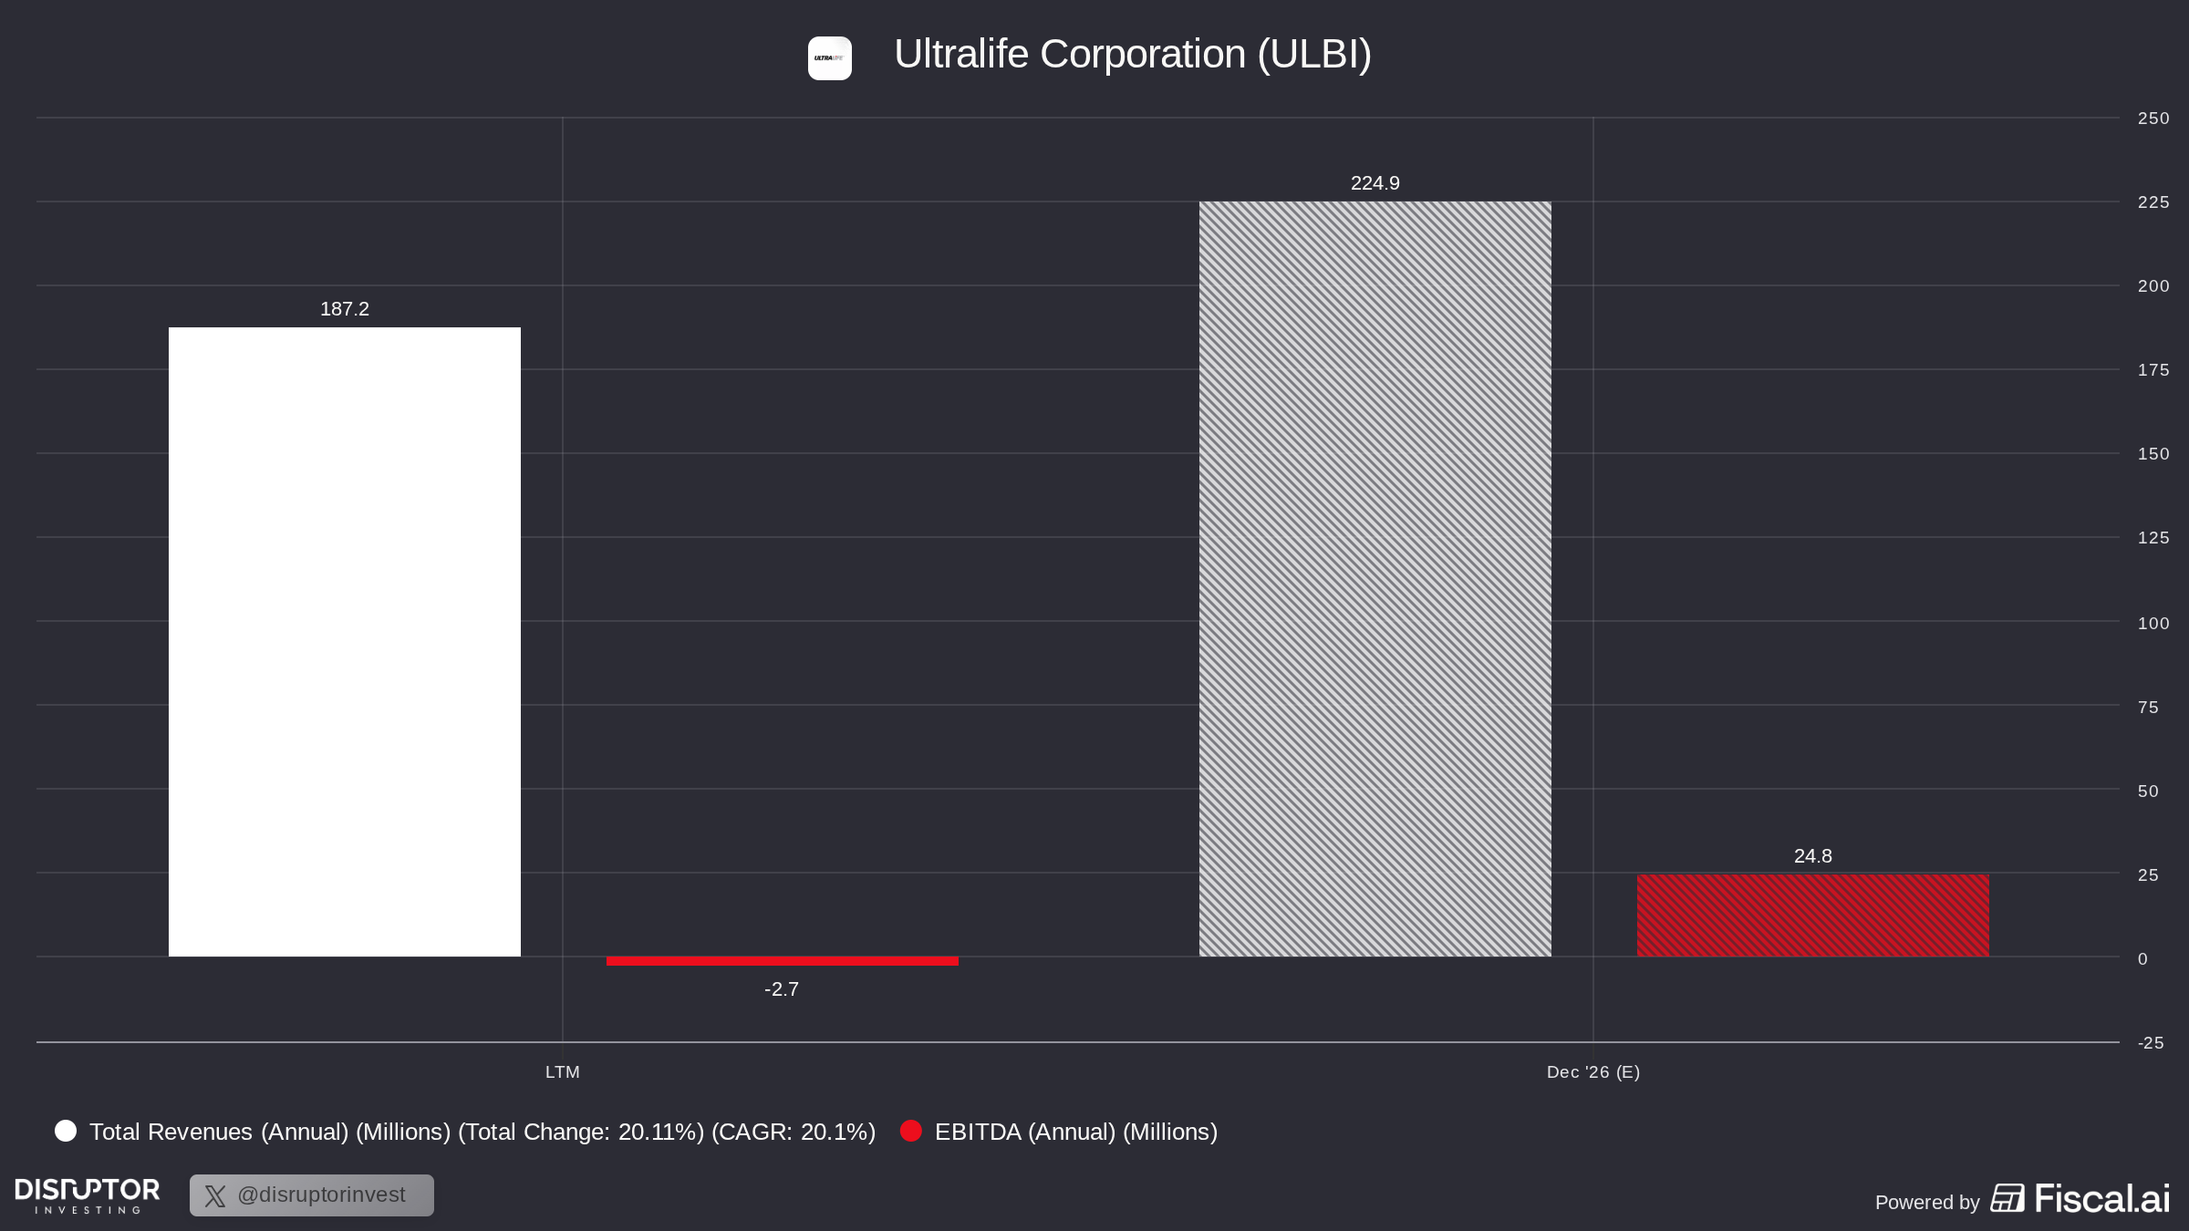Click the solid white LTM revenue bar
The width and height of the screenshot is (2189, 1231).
(x=345, y=642)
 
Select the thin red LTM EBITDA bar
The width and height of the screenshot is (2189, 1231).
(x=783, y=961)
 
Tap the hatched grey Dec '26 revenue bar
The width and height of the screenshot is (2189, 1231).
(x=1375, y=579)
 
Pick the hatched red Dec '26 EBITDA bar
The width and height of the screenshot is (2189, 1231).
(x=1813, y=915)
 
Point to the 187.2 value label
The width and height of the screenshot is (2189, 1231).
(x=345, y=309)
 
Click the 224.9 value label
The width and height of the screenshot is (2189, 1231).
(x=1375, y=183)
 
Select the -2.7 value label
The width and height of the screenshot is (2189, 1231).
(x=782, y=989)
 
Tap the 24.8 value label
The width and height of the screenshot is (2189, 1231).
(x=1813, y=856)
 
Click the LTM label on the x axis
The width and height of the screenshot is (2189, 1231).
(x=563, y=1072)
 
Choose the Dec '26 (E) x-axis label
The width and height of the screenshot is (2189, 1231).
(x=1593, y=1072)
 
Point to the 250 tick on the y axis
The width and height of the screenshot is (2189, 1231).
(x=2153, y=119)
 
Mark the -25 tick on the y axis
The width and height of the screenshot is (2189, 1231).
(x=2151, y=1043)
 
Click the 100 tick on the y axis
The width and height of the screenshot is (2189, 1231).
(x=2153, y=624)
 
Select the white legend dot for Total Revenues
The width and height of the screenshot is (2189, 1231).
(x=66, y=1132)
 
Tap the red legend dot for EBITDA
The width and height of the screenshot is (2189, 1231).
(x=911, y=1132)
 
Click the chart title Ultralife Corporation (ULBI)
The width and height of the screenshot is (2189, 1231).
(x=1133, y=55)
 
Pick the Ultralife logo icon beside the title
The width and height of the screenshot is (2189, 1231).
(x=830, y=58)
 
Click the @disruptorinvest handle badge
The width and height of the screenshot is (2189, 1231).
(x=312, y=1195)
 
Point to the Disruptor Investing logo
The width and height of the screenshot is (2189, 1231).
(x=88, y=1195)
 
